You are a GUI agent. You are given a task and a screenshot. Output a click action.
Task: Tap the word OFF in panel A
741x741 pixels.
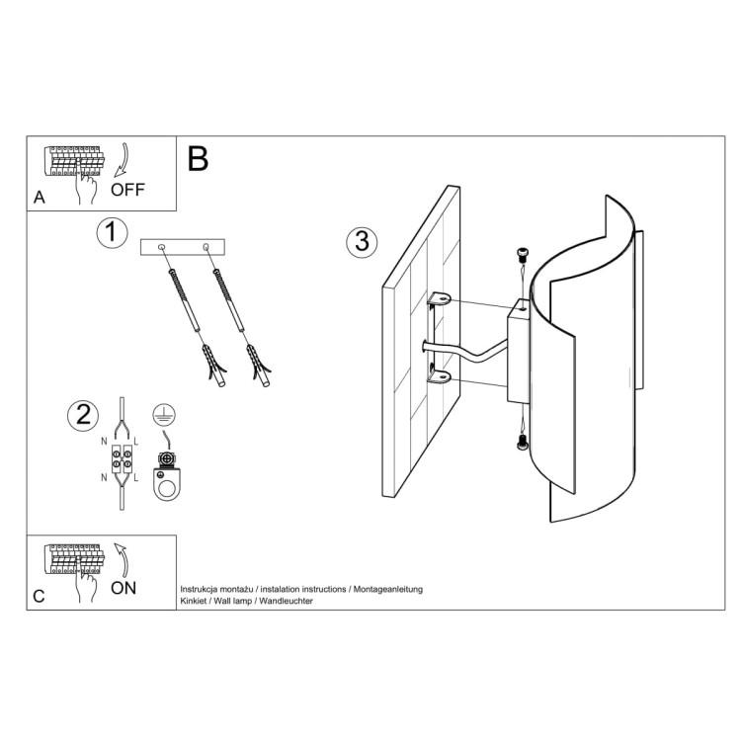click(127, 190)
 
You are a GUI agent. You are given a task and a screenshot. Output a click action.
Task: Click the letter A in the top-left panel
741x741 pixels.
click(40, 197)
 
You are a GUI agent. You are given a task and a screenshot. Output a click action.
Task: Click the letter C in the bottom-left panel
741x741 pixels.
click(39, 597)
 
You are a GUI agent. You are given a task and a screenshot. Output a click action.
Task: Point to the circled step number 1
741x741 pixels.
click(113, 233)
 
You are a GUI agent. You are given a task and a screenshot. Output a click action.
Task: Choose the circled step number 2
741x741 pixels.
click(83, 415)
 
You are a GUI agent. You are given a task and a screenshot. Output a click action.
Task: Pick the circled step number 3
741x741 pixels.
click(362, 240)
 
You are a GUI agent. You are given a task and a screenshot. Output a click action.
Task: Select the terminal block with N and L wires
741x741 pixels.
click(122, 460)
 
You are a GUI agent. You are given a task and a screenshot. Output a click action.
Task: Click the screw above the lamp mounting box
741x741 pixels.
click(522, 255)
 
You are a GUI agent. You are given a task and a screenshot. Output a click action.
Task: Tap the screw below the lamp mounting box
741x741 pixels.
click(523, 444)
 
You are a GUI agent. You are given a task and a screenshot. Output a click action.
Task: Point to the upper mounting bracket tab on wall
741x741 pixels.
click(439, 298)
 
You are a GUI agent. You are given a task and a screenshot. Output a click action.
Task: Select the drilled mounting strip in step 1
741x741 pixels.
click(184, 246)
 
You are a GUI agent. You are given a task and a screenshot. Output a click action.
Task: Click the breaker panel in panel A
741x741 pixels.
click(73, 160)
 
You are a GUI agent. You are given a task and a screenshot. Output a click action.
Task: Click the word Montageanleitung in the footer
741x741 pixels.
click(387, 589)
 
